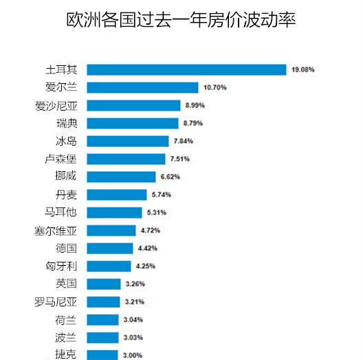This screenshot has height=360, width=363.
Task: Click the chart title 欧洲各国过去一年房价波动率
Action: coord(181,20)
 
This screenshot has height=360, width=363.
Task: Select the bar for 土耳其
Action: coord(187,69)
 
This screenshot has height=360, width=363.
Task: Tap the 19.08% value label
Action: coord(302,69)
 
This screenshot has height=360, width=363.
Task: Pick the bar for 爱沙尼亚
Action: coord(135,105)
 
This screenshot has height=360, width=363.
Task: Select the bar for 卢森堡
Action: coord(127,159)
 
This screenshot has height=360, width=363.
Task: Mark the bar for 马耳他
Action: coord(115,212)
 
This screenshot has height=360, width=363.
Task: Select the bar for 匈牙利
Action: coord(109,266)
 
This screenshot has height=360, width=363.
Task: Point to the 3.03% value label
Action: coord(132,337)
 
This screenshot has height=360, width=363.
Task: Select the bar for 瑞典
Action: coord(133,123)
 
